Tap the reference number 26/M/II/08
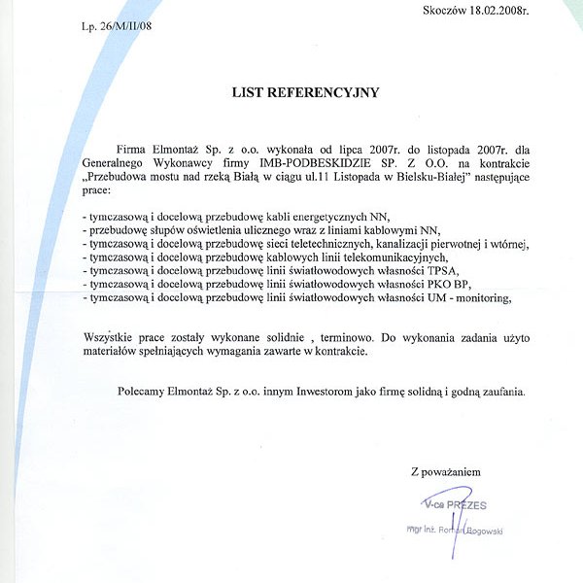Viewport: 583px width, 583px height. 126,25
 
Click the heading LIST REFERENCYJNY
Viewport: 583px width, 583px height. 304,93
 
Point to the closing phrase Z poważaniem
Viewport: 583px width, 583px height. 446,472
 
